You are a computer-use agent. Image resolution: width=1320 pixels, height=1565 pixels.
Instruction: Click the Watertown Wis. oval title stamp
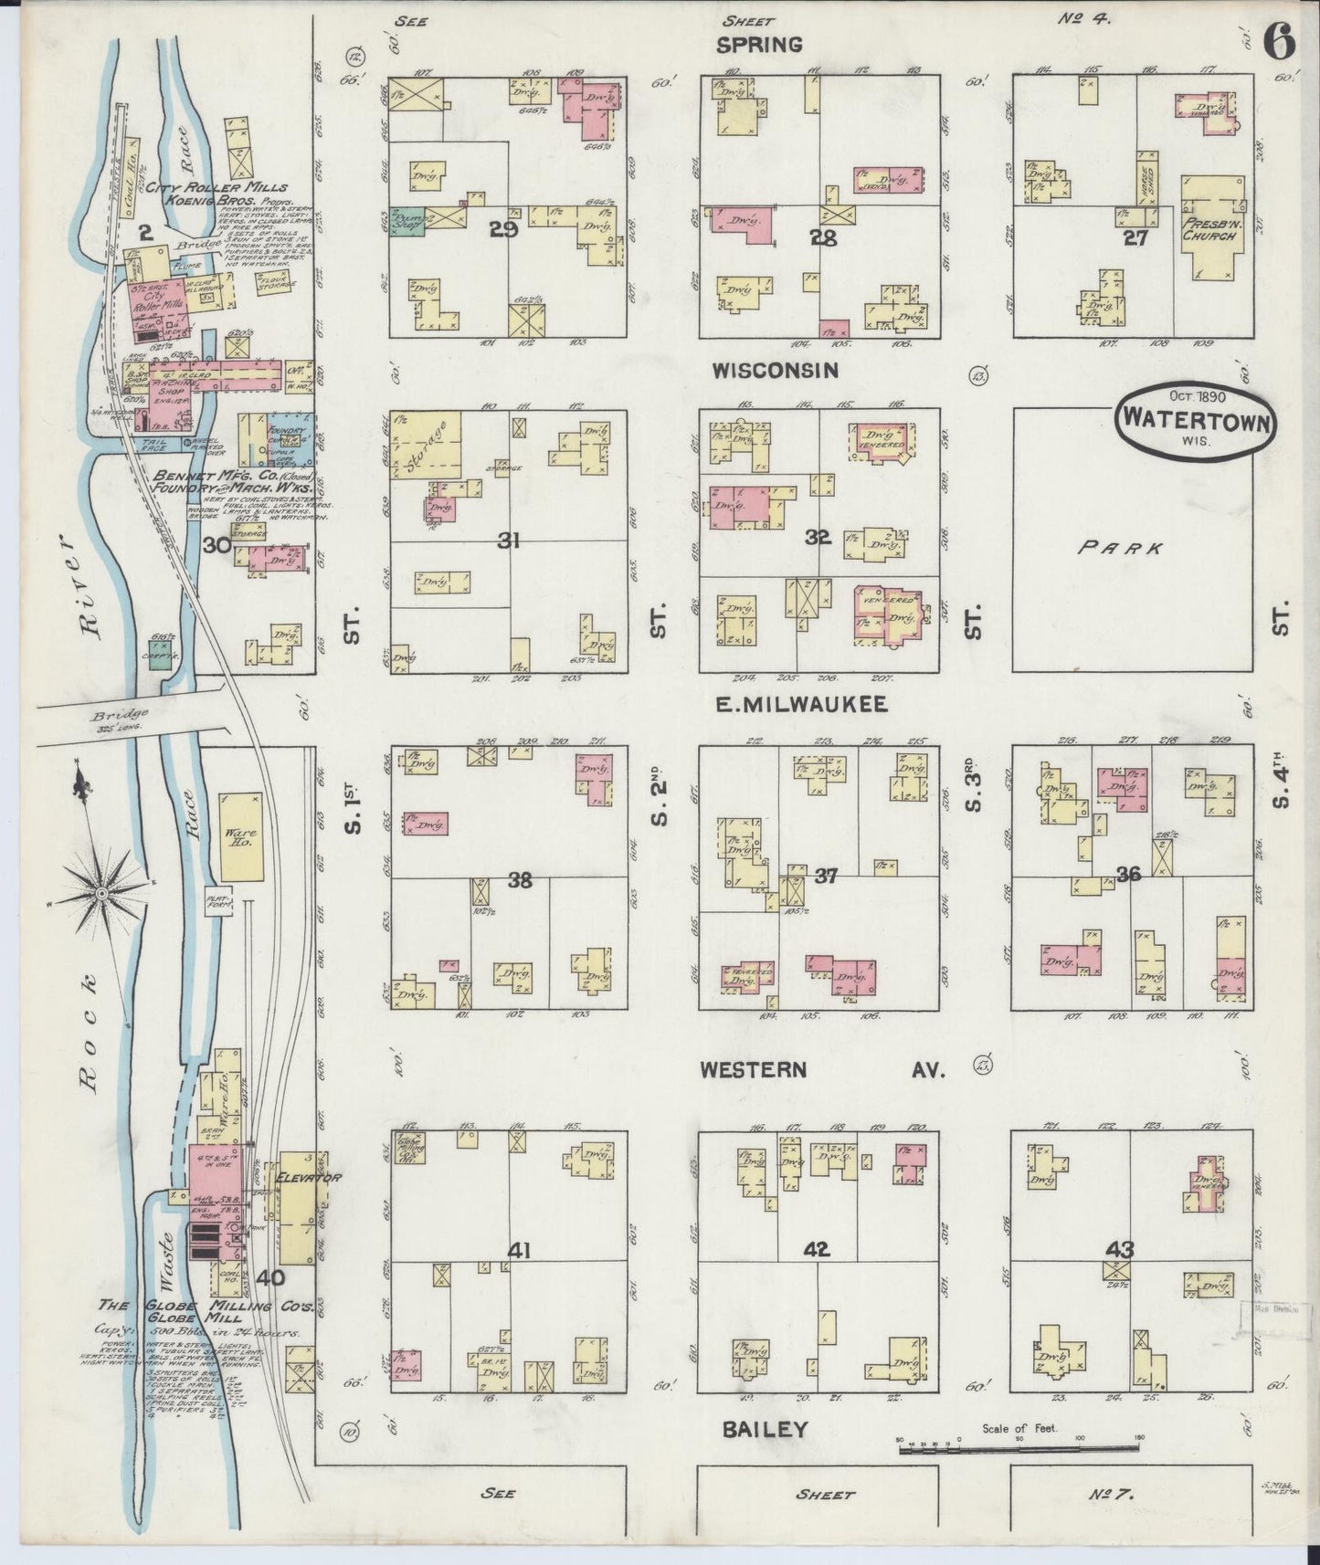point(1192,421)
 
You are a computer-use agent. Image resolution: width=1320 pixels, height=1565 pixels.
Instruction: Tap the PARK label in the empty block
point(1119,548)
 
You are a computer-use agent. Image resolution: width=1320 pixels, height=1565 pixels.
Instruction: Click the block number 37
point(825,877)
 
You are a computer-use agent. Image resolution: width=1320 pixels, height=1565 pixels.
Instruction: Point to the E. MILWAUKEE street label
point(791,704)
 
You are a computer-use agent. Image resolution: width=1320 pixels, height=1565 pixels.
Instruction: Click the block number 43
point(1120,1246)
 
